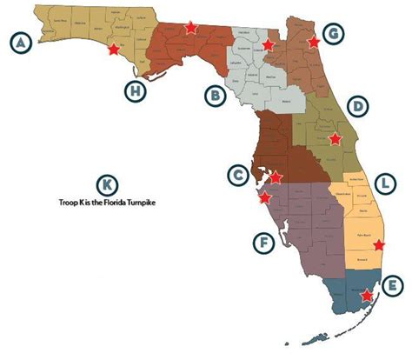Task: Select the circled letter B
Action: tap(214, 95)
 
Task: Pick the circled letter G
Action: tap(333, 35)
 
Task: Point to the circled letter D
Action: tap(356, 106)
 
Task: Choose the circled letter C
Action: tap(237, 176)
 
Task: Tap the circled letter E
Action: tap(393, 285)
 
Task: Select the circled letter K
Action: tap(106, 185)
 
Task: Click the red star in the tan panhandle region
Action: tap(112, 50)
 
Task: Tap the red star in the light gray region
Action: tap(269, 44)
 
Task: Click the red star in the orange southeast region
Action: tap(377, 246)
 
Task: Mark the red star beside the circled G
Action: tap(314, 41)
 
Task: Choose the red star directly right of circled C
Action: tap(276, 177)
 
